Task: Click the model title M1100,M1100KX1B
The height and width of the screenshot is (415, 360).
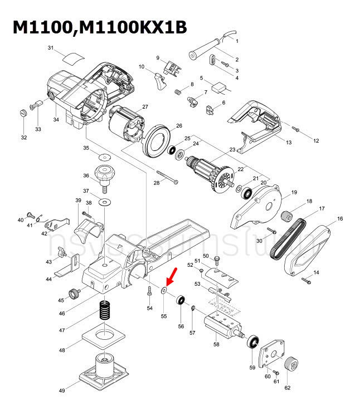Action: pos(100,28)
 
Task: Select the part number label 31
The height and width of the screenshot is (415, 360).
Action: pos(51,48)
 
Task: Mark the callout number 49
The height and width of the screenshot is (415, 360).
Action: pos(62,391)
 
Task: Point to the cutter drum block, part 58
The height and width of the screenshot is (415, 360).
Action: pos(221,325)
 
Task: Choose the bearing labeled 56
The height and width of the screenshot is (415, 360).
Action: pos(181,301)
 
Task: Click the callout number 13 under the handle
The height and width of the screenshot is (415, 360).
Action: pos(289,143)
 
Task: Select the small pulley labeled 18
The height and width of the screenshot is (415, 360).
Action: pos(288,214)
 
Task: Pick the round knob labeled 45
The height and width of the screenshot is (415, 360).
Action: pos(72,293)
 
